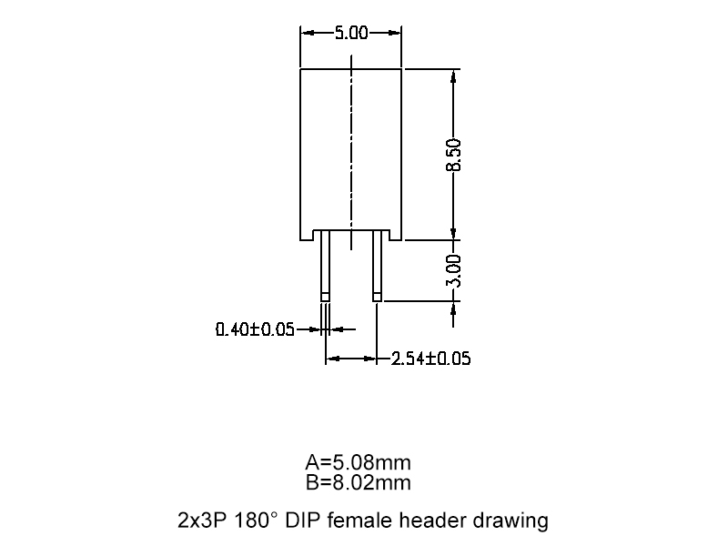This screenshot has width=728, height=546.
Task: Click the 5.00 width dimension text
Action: pyautogui.click(x=350, y=34)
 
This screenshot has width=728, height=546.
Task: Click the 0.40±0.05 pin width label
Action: pyautogui.click(x=255, y=329)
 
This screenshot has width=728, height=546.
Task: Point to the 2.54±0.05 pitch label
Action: pyautogui.click(x=430, y=359)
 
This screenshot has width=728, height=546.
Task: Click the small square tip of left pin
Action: pyautogui.click(x=325, y=296)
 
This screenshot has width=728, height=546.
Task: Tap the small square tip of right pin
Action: pyautogui.click(x=377, y=296)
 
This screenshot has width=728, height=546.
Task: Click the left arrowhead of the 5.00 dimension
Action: pyautogui.click(x=307, y=34)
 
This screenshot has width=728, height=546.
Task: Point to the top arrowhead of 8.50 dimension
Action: pyautogui.click(x=454, y=77)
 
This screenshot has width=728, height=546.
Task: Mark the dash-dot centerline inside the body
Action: pyautogui.click(x=351, y=136)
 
